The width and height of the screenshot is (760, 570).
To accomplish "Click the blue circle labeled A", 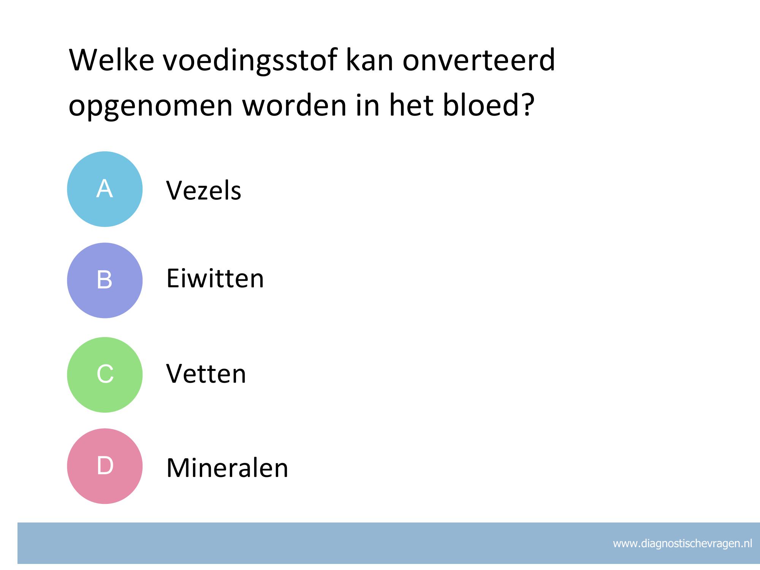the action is tap(105, 189).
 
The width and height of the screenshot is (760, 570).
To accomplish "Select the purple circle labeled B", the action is tap(105, 280).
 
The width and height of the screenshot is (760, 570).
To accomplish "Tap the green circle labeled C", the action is tap(105, 375).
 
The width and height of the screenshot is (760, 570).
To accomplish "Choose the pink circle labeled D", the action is tap(105, 466).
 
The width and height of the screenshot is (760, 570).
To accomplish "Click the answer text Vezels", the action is tap(204, 190).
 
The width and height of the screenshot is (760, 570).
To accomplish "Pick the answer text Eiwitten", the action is tap(215, 278).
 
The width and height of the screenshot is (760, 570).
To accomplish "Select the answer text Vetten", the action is tap(206, 373).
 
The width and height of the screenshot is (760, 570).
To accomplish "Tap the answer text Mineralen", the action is tap(227, 467).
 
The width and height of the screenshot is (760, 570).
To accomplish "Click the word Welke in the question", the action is tap(111, 60).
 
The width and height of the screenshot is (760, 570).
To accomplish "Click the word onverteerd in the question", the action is tap(479, 60).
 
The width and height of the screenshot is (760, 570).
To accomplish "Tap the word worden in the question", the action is tap(294, 104).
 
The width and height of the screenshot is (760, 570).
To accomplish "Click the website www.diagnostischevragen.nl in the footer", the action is tap(682, 543).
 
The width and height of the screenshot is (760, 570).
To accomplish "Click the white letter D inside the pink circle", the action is tap(105, 465).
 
